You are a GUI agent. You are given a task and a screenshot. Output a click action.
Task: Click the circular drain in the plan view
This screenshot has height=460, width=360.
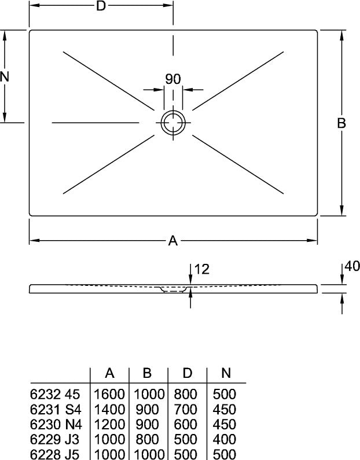click(161, 123)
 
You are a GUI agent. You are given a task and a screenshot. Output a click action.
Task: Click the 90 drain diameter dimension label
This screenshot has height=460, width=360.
click(173, 79)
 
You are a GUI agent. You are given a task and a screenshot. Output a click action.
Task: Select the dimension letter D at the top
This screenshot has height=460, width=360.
click(101, 6)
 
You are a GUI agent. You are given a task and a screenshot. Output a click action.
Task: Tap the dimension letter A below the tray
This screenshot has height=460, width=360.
click(173, 241)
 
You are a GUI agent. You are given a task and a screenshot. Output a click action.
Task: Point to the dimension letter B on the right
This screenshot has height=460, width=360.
click(341, 123)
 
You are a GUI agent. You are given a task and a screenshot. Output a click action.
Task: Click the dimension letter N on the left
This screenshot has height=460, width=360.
click(5, 76)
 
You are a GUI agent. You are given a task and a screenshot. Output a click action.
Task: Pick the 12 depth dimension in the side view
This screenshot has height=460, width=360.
click(202, 269)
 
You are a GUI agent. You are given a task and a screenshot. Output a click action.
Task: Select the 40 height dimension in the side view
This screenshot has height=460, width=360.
click(352, 266)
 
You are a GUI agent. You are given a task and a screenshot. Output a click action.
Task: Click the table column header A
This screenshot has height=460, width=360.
click(109, 373)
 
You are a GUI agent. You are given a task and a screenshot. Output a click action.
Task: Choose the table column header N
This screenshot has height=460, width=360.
click(226, 373)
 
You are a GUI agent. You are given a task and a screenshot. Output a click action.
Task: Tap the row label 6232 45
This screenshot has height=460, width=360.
click(55, 394)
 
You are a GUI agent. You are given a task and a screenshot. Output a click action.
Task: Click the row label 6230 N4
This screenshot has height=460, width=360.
click(56, 424)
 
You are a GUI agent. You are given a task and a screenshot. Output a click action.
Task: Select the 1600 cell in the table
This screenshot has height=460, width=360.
click(109, 394)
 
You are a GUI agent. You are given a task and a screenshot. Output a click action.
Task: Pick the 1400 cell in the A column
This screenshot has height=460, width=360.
click(109, 409)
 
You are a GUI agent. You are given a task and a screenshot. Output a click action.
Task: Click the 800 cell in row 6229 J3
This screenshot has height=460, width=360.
click(147, 440)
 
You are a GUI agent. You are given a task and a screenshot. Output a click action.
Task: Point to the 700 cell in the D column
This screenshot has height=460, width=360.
click(186, 409)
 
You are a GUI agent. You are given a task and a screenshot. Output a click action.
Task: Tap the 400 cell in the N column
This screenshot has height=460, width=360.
click(225, 440)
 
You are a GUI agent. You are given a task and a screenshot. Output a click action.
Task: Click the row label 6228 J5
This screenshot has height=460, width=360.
click(55, 454)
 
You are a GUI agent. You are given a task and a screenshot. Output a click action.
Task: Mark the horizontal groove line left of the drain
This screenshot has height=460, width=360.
click(95, 123)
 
